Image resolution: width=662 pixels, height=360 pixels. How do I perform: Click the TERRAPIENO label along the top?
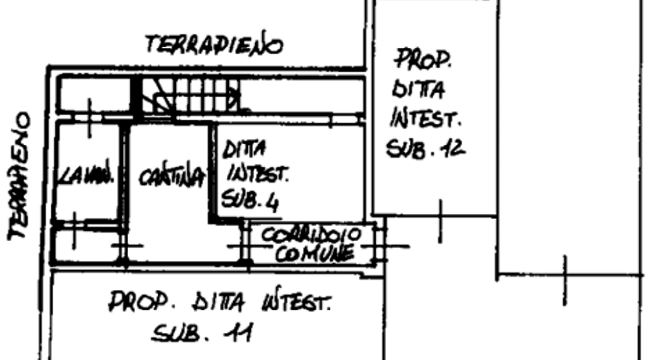click(215, 45)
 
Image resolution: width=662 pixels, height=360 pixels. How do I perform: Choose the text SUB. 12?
click(425, 149)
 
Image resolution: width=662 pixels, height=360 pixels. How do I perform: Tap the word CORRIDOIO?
click(313, 234)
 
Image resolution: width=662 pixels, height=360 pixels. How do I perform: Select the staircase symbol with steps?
click(192, 95)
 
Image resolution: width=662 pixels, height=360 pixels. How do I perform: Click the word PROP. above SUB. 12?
click(423, 59)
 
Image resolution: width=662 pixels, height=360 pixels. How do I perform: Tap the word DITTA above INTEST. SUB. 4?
click(243, 151)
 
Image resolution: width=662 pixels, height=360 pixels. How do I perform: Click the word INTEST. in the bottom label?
click(297, 301)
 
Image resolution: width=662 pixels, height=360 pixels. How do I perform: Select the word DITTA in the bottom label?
click(220, 301)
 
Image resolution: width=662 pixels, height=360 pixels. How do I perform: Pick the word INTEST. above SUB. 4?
click(255, 175)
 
